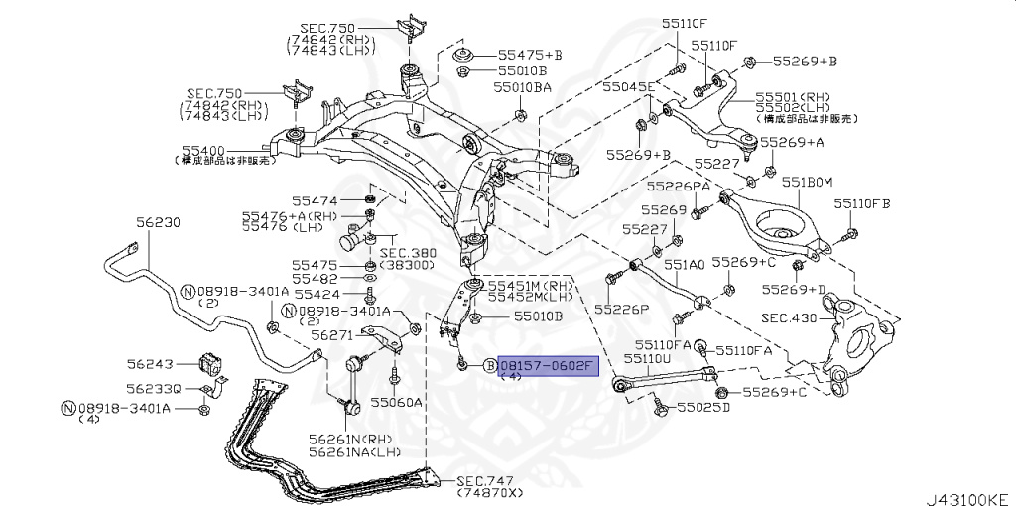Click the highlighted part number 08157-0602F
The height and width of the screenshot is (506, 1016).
[x=546, y=367]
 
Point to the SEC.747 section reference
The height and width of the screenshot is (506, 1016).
[x=483, y=480]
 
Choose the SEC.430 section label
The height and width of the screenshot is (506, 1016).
[x=789, y=318]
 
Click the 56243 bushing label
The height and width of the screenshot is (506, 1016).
[x=149, y=363]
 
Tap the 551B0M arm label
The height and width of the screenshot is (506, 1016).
[x=806, y=182]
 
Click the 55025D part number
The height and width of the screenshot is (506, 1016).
[x=703, y=407]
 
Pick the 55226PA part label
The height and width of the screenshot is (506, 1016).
[x=678, y=186]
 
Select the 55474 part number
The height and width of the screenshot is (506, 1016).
[x=315, y=200]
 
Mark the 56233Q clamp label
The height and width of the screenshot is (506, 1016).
[x=153, y=388]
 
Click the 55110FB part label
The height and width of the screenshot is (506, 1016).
[x=862, y=203]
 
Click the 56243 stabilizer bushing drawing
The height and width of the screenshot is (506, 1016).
[x=212, y=363]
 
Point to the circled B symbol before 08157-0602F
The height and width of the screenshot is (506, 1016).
[x=489, y=367]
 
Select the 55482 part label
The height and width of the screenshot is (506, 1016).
[x=315, y=280]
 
